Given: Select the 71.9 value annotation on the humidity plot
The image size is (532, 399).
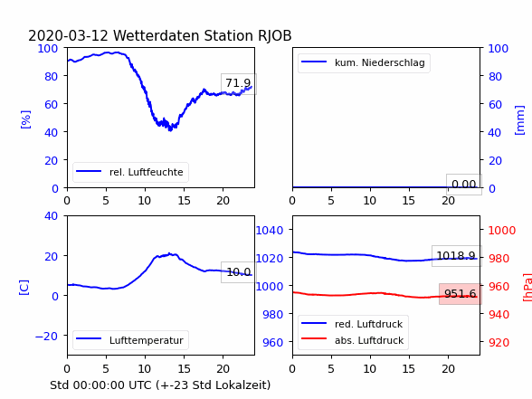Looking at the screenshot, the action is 239,83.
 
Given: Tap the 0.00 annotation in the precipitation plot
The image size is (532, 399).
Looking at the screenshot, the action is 464,185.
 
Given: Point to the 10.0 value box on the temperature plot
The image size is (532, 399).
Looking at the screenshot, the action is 239,272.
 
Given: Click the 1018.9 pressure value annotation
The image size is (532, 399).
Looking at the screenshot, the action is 456,256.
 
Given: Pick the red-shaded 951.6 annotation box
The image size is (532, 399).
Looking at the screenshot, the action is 461,294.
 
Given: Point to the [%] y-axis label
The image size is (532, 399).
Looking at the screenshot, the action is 25,119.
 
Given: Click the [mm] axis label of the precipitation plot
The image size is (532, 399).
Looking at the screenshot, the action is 519,120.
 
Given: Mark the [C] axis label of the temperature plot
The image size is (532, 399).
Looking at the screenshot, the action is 24,288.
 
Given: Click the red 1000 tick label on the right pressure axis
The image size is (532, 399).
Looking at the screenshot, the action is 502,231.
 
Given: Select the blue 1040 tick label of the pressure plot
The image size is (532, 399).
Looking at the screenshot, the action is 270,231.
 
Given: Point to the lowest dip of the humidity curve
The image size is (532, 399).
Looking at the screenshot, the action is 170,130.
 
